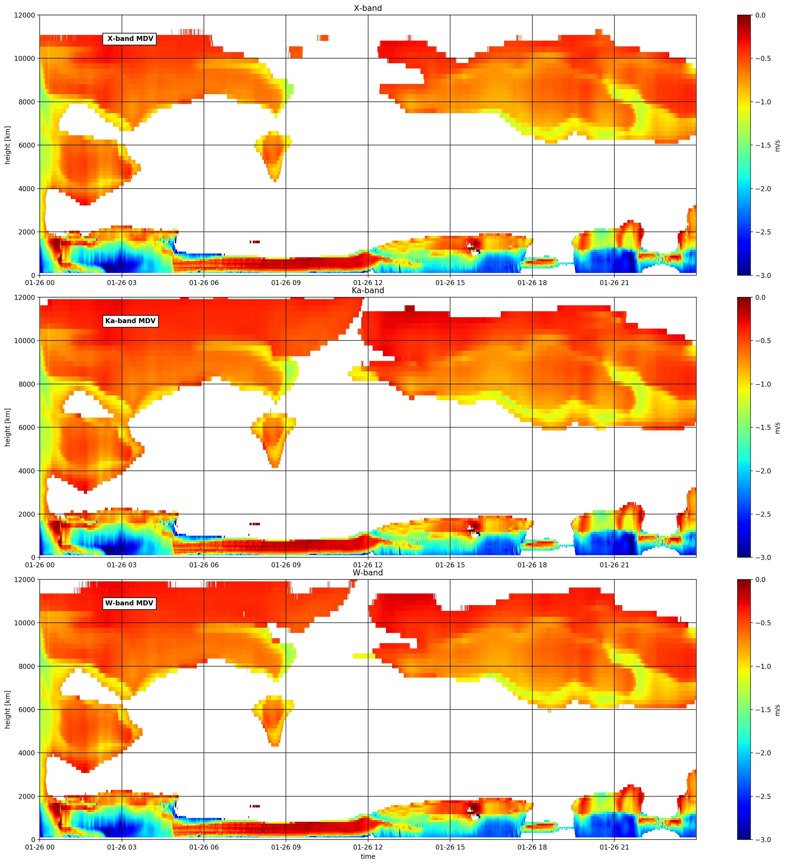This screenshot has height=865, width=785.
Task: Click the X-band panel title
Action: click(x=368, y=8)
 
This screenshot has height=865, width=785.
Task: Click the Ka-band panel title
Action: click(x=368, y=291)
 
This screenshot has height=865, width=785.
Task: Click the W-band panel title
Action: click(x=368, y=573)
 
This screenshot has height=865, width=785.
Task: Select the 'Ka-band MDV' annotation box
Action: click(x=130, y=321)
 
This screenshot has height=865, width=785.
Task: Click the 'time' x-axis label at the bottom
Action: click(x=368, y=856)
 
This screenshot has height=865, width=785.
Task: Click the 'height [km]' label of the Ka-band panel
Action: click(x=8, y=427)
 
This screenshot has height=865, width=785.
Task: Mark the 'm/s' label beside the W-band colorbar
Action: click(x=778, y=710)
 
